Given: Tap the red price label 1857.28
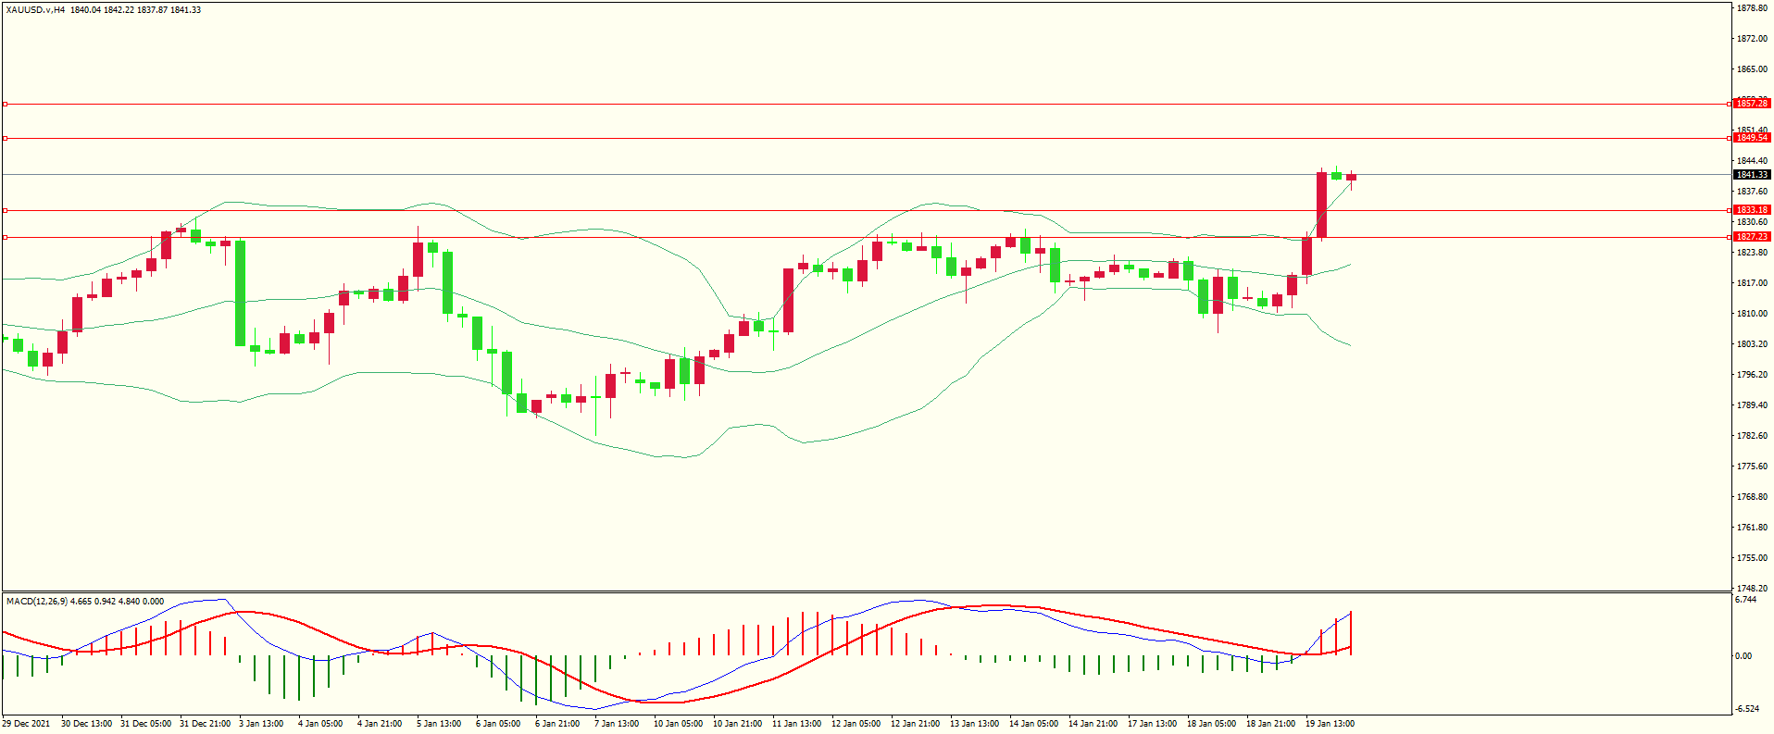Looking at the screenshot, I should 1751,104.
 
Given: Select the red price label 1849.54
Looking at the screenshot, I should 1751,138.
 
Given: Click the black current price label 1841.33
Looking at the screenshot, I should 1751,174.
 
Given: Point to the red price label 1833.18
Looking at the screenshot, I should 1751,210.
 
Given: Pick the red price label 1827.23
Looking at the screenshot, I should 1751,237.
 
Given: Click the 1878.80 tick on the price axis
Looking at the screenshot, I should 1752,8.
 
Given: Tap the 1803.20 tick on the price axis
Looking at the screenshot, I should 1752,344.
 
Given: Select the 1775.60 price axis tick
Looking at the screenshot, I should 1752,467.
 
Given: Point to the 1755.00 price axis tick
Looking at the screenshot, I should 1752,558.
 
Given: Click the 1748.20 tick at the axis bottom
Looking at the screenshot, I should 1752,588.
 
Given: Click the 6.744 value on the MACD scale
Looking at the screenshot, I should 1745,600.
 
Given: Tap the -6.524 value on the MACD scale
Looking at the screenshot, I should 1747,709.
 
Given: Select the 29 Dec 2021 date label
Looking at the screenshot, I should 27,724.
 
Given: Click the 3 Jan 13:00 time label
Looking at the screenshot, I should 261,724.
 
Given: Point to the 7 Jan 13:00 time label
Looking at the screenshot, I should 617,724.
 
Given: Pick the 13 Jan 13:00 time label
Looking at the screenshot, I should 974,724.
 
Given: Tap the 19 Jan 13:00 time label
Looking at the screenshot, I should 1330,724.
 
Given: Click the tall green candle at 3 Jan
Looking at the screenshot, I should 241,292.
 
